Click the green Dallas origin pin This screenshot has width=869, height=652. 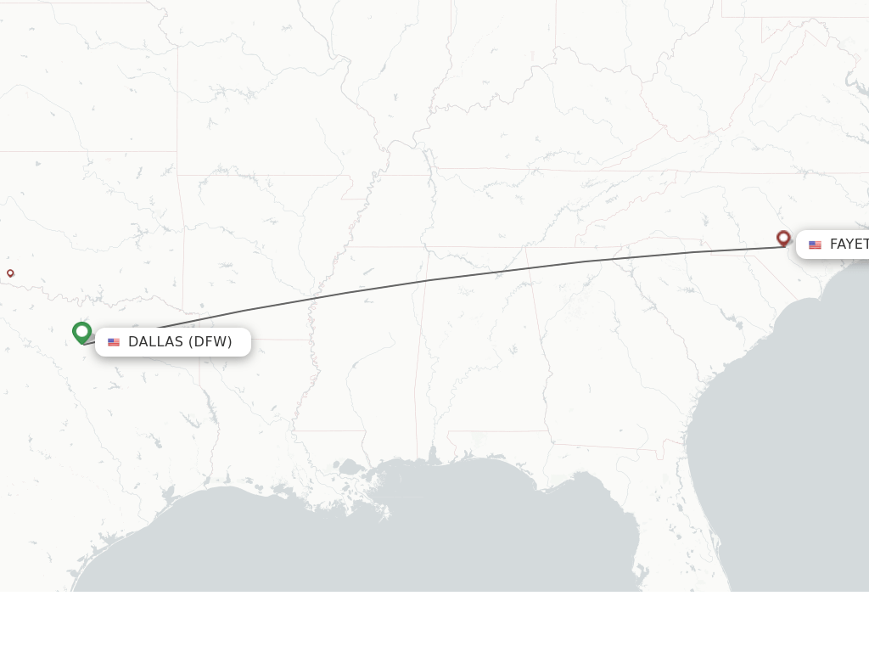point(82,332)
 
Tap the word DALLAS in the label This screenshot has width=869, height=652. point(155,342)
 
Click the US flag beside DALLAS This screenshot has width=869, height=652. point(114,342)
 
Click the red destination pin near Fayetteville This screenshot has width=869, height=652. point(783,238)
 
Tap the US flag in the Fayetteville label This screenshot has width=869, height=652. point(815,245)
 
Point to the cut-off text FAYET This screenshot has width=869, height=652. point(849,244)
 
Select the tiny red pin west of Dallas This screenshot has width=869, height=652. point(10,273)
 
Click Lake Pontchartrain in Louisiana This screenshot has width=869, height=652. point(349,466)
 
